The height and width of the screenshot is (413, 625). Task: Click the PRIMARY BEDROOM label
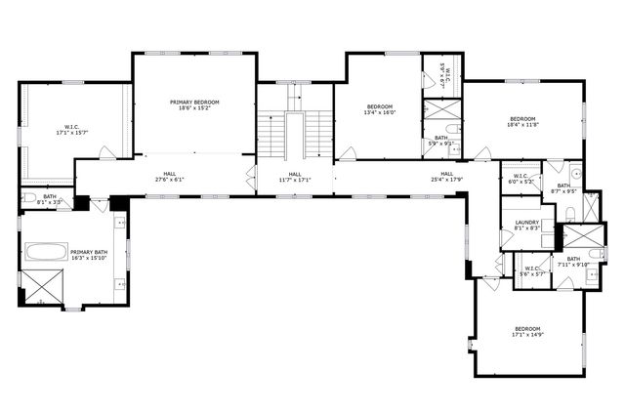(193, 105)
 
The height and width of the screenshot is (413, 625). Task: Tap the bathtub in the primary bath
(45, 252)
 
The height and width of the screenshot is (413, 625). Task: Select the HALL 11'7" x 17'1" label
(294, 178)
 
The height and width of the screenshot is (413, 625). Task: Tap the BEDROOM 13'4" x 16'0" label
(379, 109)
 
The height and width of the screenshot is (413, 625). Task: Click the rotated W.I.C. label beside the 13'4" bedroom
(441, 76)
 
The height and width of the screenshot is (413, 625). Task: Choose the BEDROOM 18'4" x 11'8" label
(522, 122)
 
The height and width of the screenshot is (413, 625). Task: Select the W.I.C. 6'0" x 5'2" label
(517, 180)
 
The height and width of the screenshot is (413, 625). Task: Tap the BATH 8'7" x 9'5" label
(563, 188)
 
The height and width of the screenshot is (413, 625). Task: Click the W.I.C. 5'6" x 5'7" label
(532, 271)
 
